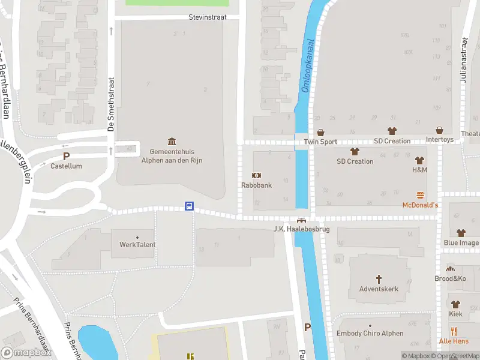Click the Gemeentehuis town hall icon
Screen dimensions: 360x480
click(172, 141)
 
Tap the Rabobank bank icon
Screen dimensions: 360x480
click(256, 175)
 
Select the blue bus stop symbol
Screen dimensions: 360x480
click(189, 206)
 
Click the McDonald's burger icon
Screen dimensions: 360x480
click(420, 195)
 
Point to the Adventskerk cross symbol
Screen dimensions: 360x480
click(379, 278)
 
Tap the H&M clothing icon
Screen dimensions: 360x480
click(419, 160)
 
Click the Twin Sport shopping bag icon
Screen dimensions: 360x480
click(320, 132)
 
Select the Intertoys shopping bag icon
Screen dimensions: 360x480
click(440, 131)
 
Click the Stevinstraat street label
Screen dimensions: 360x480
click(207, 17)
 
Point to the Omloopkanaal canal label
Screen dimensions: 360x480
click(307, 67)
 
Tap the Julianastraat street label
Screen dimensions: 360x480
click(464, 59)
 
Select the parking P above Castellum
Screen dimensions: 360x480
click(67, 156)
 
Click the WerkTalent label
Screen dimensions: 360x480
click(137, 244)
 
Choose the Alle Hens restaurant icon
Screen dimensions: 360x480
click(454, 331)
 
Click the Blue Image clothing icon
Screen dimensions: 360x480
click(461, 233)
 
